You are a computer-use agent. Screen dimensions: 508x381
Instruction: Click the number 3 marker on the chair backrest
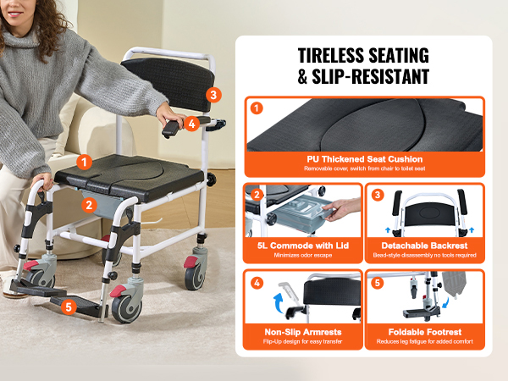coord(213,95)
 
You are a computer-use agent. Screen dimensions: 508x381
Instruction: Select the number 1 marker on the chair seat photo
coord(84,162)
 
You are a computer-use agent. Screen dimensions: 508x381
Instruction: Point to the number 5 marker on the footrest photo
coord(69,306)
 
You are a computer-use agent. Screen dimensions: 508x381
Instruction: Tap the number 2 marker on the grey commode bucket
coord(89,205)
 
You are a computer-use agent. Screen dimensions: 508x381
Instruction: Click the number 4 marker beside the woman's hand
coord(192,124)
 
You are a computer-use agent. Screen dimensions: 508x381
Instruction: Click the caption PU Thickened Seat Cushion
coord(365,159)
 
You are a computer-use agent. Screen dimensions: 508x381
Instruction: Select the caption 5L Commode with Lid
coord(303,246)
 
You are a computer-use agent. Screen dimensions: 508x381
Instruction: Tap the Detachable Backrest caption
coord(424,246)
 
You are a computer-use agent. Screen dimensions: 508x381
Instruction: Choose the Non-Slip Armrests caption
coord(303,332)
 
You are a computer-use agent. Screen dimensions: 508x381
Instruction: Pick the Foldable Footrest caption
coord(425,332)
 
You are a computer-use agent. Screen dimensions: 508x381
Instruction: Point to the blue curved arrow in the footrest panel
coord(446,303)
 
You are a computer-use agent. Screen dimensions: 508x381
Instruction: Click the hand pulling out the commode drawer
coord(341,209)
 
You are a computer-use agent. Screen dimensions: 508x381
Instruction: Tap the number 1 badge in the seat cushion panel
coord(257,108)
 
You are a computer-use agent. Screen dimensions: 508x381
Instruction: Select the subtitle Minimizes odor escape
coord(303,256)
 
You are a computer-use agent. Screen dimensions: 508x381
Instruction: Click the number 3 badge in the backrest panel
coord(378,195)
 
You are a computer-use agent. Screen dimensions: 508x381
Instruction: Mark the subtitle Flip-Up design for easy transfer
coord(302,341)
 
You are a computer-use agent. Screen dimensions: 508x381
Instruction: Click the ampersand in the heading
coord(302,77)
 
